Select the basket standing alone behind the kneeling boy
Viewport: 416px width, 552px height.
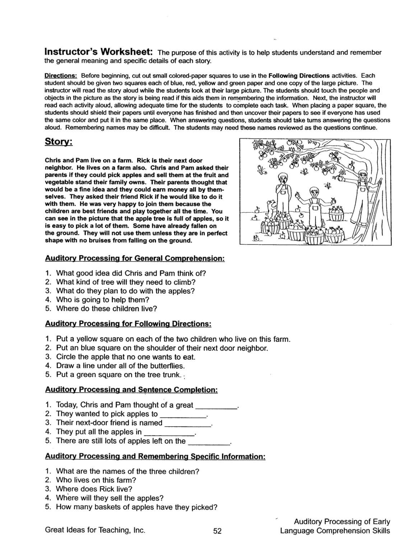point(337,214)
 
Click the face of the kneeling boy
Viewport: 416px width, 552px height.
point(315,193)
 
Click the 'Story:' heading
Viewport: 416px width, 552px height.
point(59,142)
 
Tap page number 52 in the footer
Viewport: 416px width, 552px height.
point(217,531)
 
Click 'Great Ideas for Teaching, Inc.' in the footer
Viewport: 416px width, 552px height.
point(95,530)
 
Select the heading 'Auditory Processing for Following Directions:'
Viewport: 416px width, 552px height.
point(128,324)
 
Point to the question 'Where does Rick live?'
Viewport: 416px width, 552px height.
point(94,489)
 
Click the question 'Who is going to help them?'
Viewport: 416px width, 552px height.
point(102,300)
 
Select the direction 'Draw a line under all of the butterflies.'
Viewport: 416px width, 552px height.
point(120,366)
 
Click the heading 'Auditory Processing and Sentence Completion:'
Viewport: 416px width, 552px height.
point(131,390)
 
